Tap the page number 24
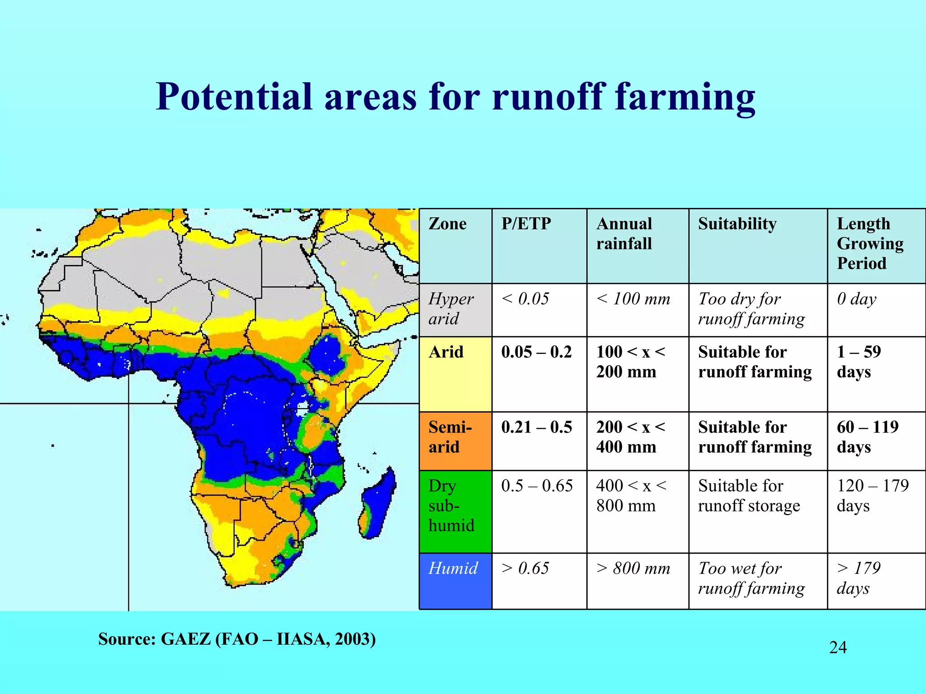pyautogui.click(x=838, y=647)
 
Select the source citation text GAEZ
pyautogui.click(x=185, y=639)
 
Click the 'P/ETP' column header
pyautogui.click(x=526, y=224)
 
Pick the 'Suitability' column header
pyautogui.click(x=737, y=224)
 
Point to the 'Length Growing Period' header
pyautogui.click(x=870, y=244)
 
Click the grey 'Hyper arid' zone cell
pyautogui.click(x=455, y=309)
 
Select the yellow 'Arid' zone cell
pyautogui.click(x=455, y=374)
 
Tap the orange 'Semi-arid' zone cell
pyautogui.click(x=455, y=440)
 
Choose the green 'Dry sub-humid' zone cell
pyautogui.click(x=455, y=511)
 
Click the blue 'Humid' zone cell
pyautogui.click(x=455, y=581)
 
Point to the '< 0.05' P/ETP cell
pyautogui.click(x=525, y=299)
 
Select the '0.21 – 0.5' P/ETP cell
pyautogui.click(x=537, y=427)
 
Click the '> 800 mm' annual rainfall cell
pyautogui.click(x=633, y=568)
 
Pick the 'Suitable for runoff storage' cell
pyautogui.click(x=749, y=496)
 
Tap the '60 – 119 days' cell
pyautogui.click(x=867, y=437)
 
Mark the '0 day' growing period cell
pyautogui.click(x=856, y=299)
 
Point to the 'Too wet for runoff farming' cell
pyautogui.click(x=751, y=578)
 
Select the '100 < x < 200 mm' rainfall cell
pyautogui.click(x=630, y=362)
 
